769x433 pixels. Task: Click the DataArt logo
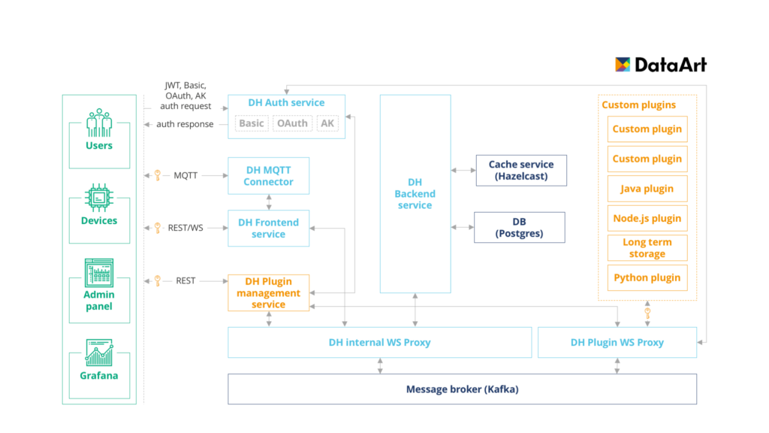[661, 65]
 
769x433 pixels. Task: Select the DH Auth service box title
[286, 102]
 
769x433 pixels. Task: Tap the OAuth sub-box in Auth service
[291, 123]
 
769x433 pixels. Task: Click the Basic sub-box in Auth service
[252, 123]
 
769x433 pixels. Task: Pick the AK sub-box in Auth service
[327, 123]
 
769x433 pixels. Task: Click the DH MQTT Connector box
[269, 176]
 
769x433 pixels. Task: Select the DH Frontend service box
[269, 228]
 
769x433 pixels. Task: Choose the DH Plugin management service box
[269, 292]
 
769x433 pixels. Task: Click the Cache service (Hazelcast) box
[521, 170]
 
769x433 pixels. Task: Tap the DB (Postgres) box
[519, 228]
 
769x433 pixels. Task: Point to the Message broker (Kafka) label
[462, 389]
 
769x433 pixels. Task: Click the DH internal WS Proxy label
[379, 342]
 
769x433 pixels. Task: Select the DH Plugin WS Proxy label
[617, 342]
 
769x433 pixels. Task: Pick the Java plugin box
[647, 189]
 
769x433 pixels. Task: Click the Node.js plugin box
[647, 218]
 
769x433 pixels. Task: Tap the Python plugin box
[647, 277]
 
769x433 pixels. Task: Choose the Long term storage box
[647, 248]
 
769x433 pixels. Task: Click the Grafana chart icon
[99, 353]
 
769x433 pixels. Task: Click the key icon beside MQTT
[158, 175]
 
